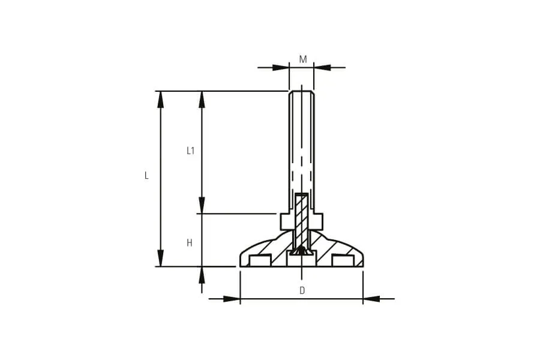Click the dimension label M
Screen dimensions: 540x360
tap(303, 59)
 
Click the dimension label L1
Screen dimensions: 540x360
tap(190, 151)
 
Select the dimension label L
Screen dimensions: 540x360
tap(146, 176)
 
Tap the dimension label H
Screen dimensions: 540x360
tap(190, 243)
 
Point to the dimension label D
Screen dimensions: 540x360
tap(302, 290)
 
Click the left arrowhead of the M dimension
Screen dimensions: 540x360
tap(281, 68)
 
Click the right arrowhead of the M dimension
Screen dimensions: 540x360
tap(322, 68)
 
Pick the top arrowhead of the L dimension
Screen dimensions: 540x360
tap(160, 100)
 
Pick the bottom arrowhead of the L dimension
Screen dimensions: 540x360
tap(160, 258)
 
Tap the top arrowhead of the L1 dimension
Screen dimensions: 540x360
tap(202, 100)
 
